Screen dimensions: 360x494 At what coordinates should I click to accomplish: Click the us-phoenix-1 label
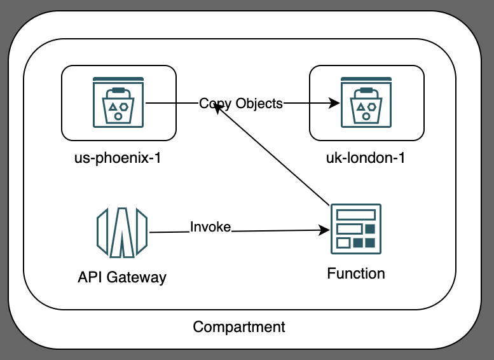coord(118,158)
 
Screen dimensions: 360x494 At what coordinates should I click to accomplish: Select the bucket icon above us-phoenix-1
coord(118,102)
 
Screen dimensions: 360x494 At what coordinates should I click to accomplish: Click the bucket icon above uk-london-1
coord(366,102)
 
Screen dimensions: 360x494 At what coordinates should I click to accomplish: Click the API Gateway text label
coord(122,277)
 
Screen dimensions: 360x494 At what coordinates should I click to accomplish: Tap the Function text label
coord(355,273)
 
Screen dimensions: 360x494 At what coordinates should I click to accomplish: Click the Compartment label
coord(239,327)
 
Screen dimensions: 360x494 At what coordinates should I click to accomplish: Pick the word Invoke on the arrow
coord(210,227)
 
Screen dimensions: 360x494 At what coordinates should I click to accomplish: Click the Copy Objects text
coord(240,104)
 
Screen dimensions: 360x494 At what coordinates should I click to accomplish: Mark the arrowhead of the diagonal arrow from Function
coord(218,109)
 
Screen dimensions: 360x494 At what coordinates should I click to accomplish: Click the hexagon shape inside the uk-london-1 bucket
coord(372,107)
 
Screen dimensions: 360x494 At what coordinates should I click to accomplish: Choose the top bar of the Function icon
coord(355,215)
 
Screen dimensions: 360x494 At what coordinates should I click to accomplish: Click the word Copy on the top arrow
coord(214,104)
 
